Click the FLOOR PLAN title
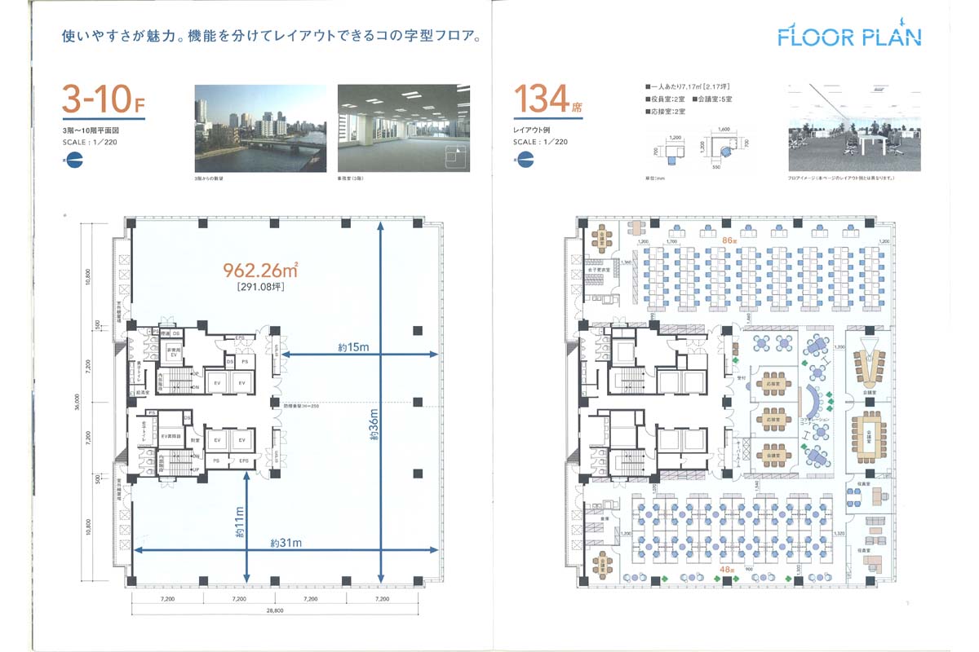(849, 36)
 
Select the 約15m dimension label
(354, 346)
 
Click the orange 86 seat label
(730, 240)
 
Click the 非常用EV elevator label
(174, 352)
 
